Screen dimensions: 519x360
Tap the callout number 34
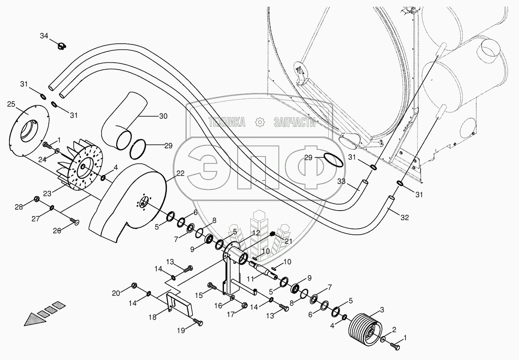[44, 36]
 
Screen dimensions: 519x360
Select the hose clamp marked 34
[62, 46]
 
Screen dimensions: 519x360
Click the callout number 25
[11, 104]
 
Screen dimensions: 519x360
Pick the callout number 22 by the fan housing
[181, 173]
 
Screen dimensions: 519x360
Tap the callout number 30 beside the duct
[163, 116]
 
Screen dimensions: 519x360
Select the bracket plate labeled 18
[180, 304]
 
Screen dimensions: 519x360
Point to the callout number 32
[405, 218]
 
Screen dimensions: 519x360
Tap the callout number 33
[341, 181]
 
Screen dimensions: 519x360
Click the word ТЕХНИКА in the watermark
[227, 122]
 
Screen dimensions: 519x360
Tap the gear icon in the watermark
[259, 122]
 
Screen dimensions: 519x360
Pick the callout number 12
[256, 233]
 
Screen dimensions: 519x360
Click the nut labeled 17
[244, 305]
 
